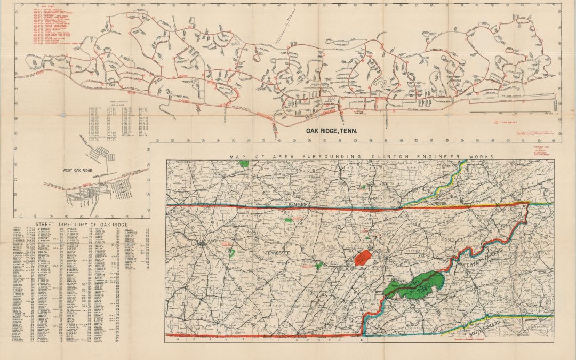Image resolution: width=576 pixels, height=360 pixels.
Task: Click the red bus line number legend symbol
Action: click(497, 122)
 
